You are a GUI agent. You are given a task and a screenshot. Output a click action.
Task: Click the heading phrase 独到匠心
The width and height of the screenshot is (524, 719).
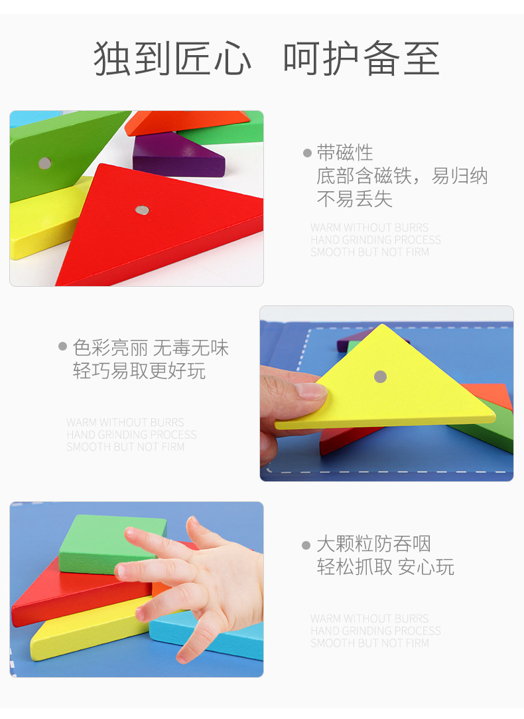172,59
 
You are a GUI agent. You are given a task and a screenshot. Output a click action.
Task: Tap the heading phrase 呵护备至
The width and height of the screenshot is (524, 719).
361,59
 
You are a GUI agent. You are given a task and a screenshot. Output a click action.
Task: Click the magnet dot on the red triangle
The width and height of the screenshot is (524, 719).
142,210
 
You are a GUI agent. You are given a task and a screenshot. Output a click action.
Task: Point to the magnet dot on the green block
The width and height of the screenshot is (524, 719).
44,163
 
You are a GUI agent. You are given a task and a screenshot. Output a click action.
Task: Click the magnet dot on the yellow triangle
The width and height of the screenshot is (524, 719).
380,376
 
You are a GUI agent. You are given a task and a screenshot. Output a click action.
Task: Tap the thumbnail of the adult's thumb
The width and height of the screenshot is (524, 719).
310,390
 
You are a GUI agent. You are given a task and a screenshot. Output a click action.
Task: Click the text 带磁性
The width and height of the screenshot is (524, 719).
345,153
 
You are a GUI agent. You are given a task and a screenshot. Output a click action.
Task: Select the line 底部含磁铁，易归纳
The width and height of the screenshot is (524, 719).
402,176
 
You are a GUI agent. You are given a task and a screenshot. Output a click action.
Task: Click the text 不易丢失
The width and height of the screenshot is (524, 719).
354,199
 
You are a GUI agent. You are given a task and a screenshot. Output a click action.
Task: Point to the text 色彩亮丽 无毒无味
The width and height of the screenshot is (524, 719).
151,348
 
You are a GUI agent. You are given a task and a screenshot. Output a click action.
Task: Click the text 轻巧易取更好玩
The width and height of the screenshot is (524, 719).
139,371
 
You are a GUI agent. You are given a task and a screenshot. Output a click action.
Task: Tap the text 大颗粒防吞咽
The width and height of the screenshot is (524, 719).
373,544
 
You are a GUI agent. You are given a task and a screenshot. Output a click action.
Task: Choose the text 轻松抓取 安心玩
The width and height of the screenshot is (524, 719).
385,568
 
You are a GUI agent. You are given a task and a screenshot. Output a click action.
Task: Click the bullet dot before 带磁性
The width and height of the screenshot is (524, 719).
307,153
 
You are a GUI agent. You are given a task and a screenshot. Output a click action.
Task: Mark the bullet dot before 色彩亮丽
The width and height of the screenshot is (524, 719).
63,347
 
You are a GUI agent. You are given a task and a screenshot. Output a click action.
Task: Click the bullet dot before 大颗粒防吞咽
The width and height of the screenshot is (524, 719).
306,546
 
